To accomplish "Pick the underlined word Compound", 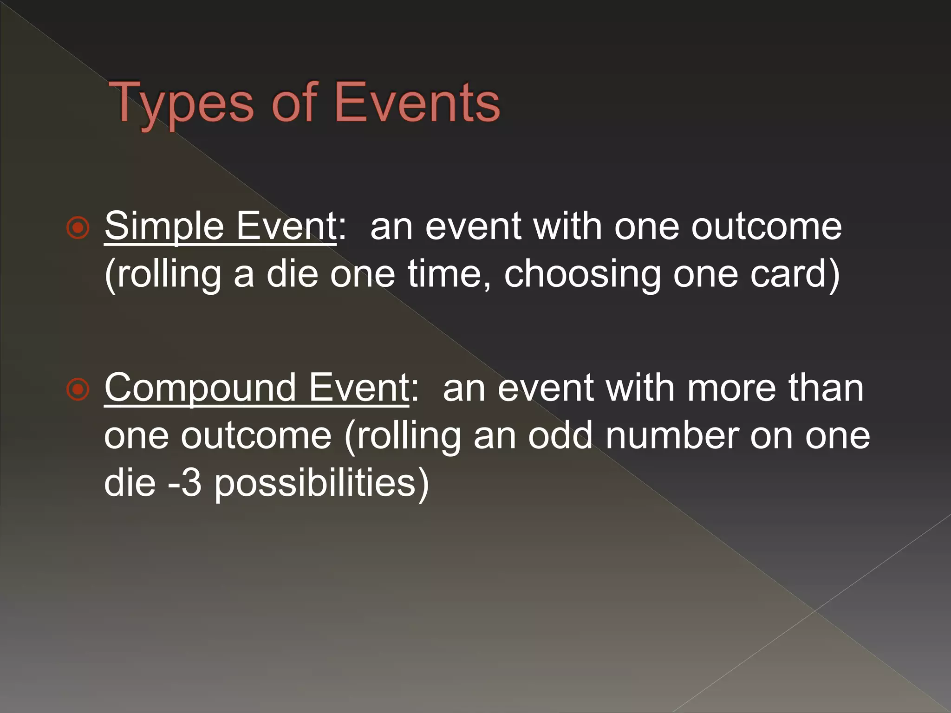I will pos(200,388).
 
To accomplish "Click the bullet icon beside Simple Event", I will pos(78,228).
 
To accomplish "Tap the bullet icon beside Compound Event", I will pos(78,389).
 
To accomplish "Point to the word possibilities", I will pos(321,484).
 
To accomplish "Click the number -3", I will pos(185,483).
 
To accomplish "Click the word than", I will pos(826,388).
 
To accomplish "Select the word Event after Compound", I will pos(359,388).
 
